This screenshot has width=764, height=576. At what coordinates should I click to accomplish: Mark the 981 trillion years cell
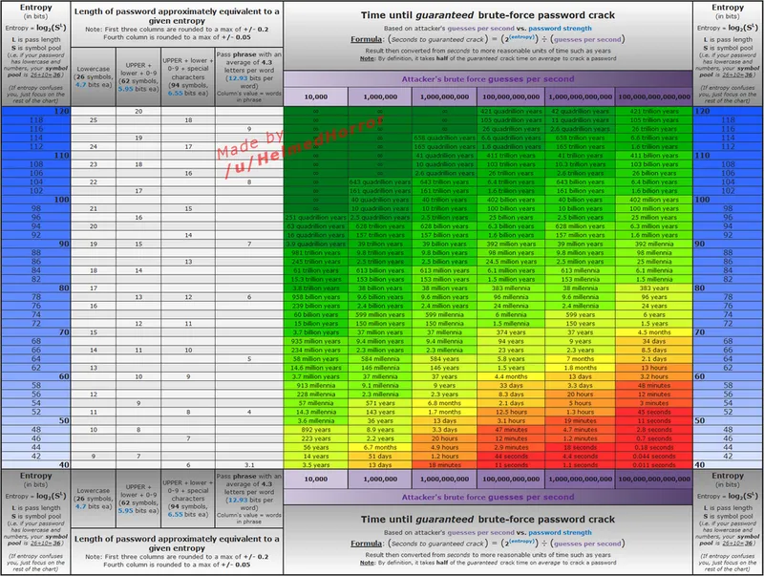coord(309,252)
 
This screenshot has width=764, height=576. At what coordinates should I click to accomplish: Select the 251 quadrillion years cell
coord(309,217)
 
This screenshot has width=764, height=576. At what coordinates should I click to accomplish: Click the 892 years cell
coord(309,429)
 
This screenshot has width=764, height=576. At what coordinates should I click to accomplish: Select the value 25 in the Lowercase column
coord(92,119)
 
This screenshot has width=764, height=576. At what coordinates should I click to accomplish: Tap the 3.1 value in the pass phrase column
coord(248,464)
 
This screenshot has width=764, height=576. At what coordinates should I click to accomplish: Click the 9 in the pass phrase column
coord(248,129)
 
